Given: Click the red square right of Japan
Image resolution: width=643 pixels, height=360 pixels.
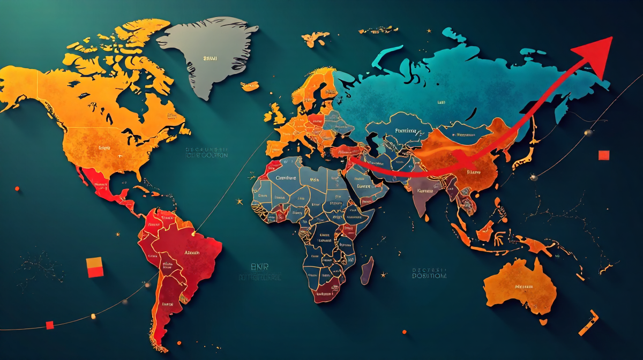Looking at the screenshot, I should click(x=604, y=155).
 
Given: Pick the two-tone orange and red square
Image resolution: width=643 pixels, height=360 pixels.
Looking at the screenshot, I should click(x=95, y=267).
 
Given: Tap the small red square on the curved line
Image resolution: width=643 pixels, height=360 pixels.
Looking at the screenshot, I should click(x=50, y=325).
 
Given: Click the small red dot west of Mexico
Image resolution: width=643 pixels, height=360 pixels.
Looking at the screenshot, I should click(x=17, y=189).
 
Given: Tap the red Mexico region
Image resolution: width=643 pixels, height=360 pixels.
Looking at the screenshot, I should click(x=102, y=185).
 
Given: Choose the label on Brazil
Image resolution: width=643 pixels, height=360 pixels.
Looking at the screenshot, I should click(x=192, y=252).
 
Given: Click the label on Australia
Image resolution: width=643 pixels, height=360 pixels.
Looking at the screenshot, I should click(x=524, y=287).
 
